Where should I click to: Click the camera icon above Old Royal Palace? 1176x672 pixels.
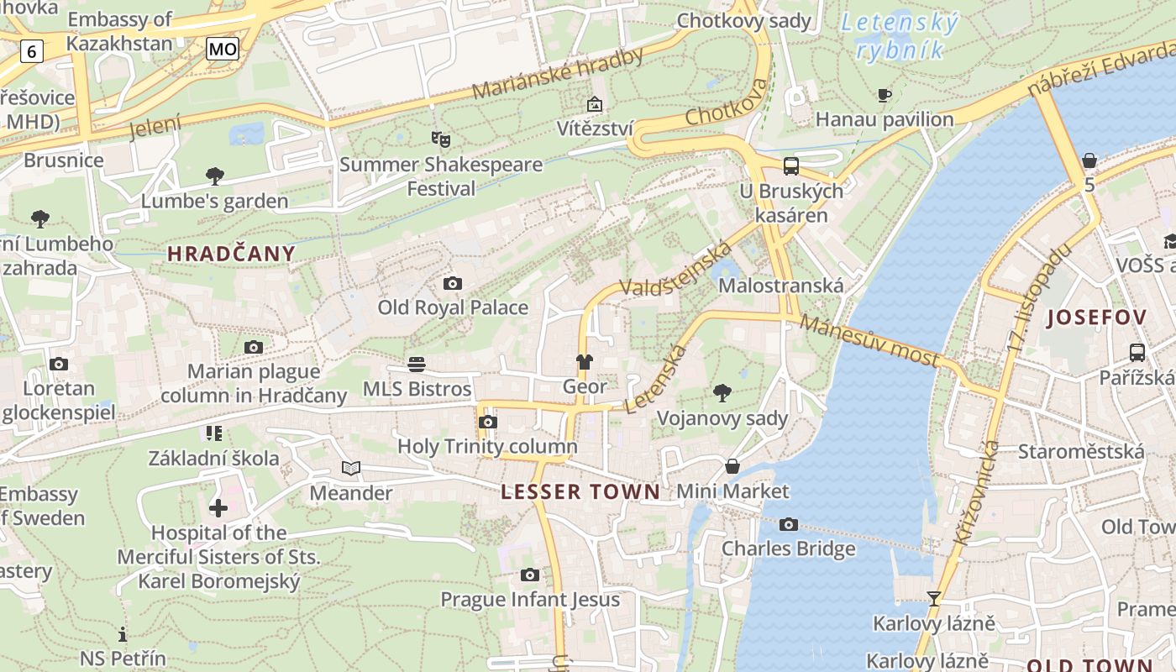click(453, 284)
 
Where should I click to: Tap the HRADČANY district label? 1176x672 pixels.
click(231, 254)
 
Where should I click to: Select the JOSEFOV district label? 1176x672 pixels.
click(1096, 318)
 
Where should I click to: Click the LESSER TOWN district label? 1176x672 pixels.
click(580, 492)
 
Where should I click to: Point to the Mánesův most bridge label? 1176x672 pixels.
click(869, 341)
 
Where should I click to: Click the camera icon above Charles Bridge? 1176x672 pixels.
click(788, 525)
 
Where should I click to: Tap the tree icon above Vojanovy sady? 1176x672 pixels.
click(722, 392)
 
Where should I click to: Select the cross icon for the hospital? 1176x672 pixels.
click(218, 508)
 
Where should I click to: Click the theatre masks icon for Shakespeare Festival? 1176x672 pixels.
click(441, 139)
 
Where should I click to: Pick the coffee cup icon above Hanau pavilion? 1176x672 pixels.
click(885, 96)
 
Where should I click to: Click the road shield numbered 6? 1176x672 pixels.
click(31, 52)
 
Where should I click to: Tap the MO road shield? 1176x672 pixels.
click(223, 50)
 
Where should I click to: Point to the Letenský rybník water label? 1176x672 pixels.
click(900, 36)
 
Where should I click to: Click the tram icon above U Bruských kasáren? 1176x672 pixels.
click(790, 165)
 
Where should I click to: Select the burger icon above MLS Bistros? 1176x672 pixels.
click(417, 364)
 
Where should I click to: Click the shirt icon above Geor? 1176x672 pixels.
click(584, 362)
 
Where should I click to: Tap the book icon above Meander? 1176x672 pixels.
click(351, 468)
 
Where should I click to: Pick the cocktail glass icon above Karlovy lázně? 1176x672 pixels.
click(933, 598)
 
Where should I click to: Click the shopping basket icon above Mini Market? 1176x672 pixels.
click(732, 466)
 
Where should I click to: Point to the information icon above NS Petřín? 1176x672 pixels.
click(123, 634)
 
